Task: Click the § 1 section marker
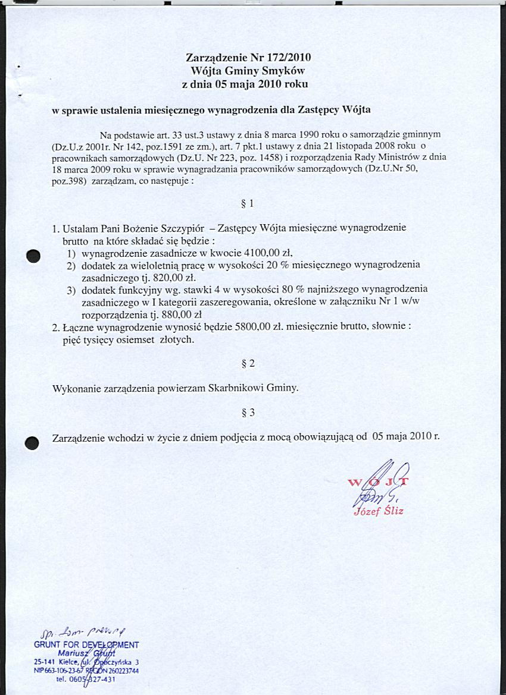(x=249, y=204)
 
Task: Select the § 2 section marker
(x=249, y=363)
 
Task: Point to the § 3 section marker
(x=249, y=411)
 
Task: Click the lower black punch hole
(x=32, y=443)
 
